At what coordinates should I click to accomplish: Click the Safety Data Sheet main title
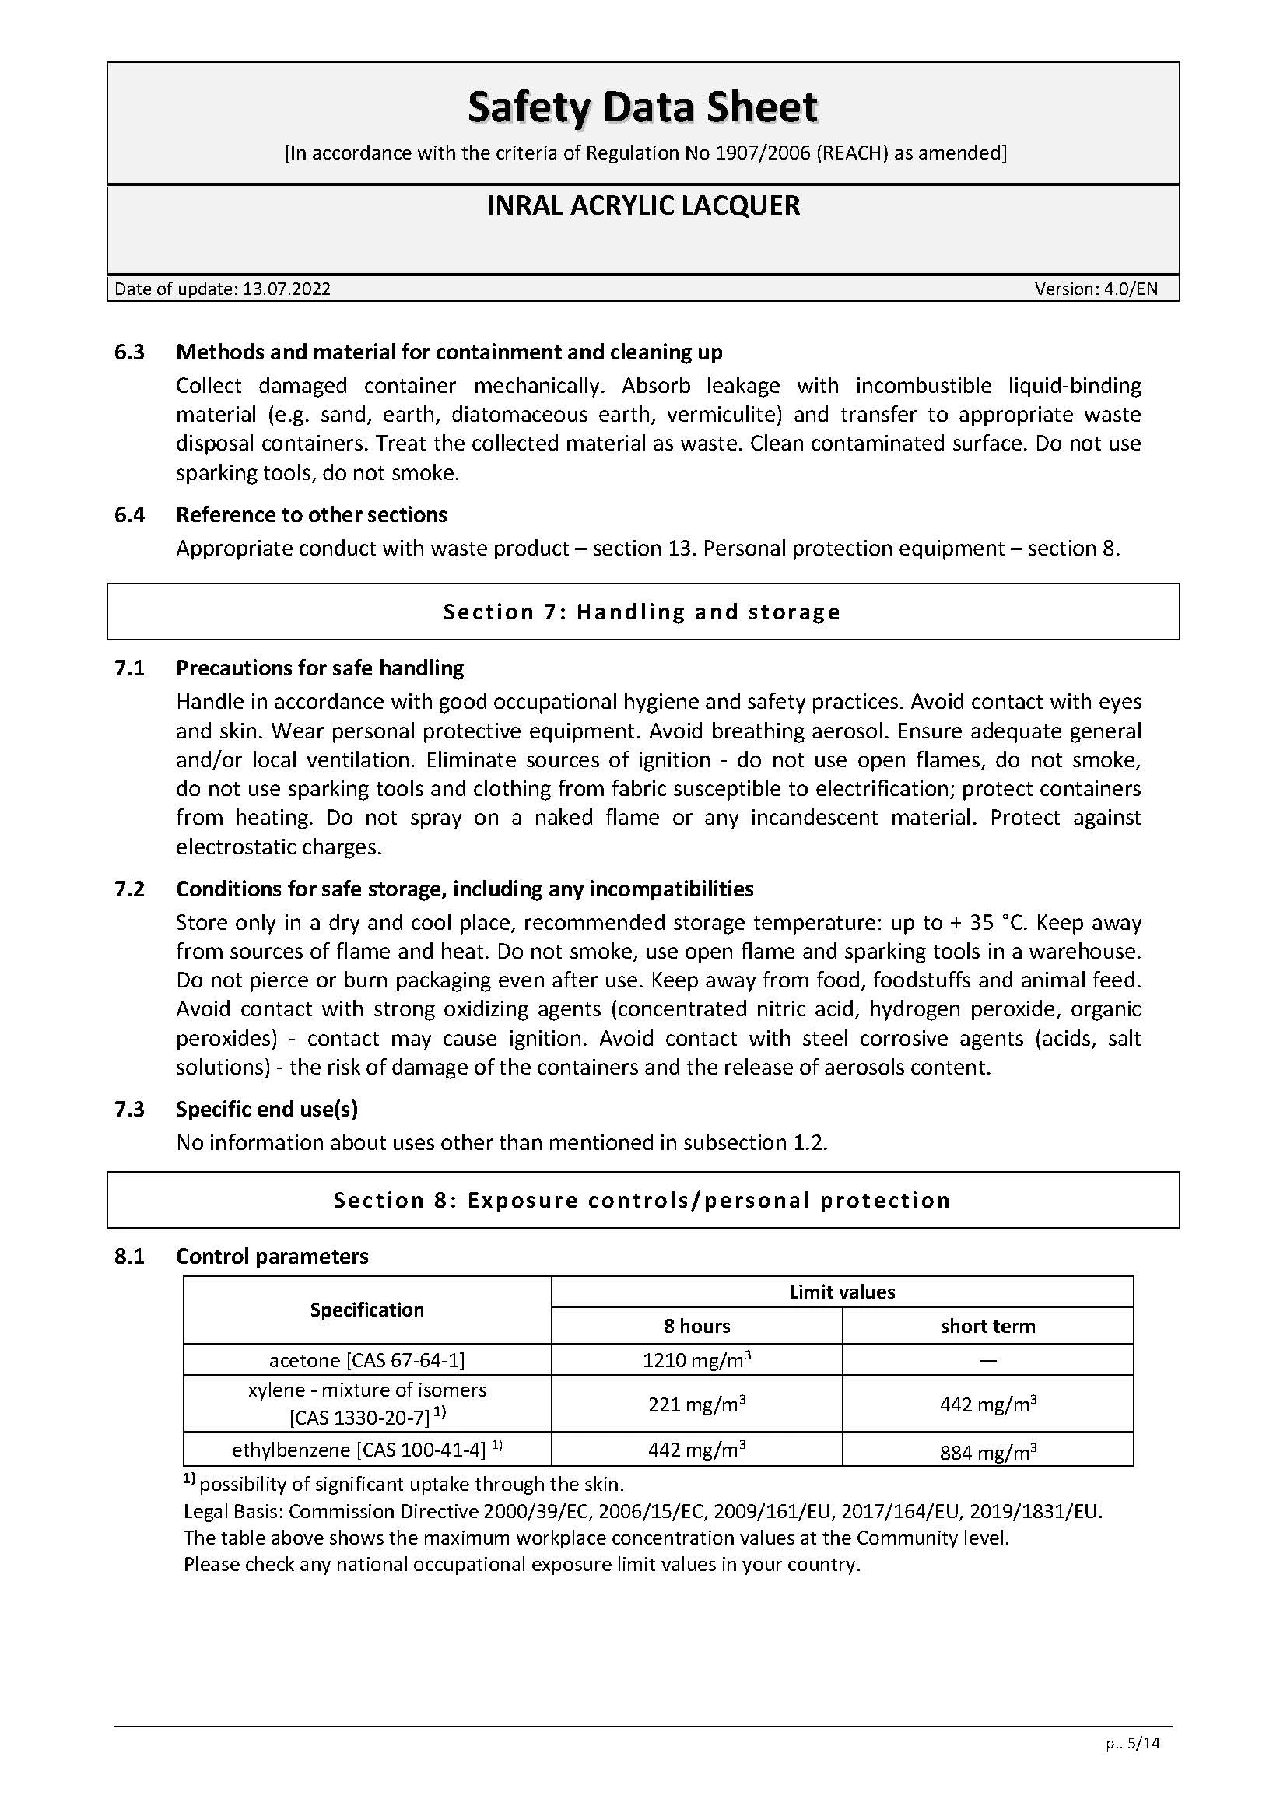coord(643,108)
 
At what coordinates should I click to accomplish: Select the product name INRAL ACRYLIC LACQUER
coord(643,205)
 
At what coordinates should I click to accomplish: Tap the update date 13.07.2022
coord(286,289)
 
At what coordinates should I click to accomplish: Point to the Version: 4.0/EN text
coord(1096,289)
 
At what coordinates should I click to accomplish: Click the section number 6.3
coord(130,352)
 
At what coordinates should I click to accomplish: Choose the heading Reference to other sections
coord(311,514)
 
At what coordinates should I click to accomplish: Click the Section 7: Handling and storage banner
coord(643,611)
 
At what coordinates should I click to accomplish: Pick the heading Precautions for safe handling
coord(319,668)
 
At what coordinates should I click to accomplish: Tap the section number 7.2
coord(130,889)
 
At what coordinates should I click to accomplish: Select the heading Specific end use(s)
coord(267,1108)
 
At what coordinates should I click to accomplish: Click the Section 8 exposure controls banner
coord(643,1199)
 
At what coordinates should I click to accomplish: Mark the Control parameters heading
coord(272,1256)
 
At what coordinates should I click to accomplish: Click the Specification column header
coord(367,1309)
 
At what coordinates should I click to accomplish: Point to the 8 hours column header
coord(696,1325)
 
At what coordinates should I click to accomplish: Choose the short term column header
coord(987,1325)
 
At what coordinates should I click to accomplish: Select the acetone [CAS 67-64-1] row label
coord(367,1359)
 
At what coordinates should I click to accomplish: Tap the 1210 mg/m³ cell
coord(696,1360)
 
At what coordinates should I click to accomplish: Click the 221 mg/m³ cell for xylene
coord(696,1404)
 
